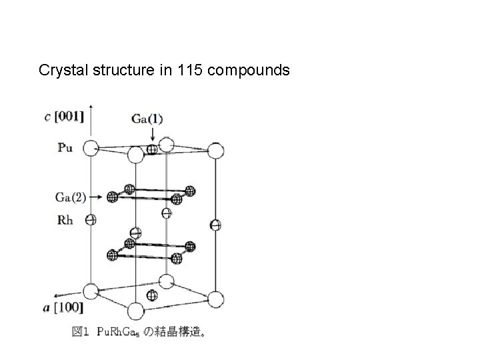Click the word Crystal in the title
click(x=60, y=69)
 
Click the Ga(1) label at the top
click(x=147, y=119)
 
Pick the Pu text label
click(x=65, y=148)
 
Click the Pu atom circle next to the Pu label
click(x=91, y=149)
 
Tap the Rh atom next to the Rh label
click(x=91, y=219)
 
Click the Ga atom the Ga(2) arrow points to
click(x=113, y=197)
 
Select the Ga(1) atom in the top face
click(x=152, y=150)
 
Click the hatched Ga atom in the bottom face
click(x=152, y=294)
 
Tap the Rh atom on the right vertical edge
click(x=215, y=225)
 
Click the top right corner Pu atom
click(x=215, y=151)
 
